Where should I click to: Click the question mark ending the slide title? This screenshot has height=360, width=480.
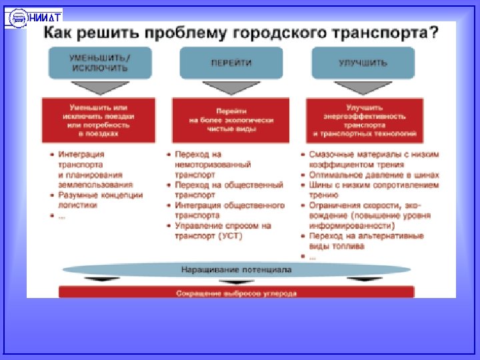point(434,33)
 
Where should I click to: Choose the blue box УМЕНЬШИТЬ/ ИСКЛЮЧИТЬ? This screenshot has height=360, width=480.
point(100,63)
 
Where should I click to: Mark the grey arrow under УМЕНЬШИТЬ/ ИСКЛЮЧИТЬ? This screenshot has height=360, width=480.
point(100,87)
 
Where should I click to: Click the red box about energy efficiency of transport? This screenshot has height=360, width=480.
point(364,120)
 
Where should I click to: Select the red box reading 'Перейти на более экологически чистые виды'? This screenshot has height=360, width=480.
point(231,120)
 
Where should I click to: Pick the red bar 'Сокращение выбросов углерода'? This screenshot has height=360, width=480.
point(236,293)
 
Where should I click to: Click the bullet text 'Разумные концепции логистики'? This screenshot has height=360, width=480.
point(100,200)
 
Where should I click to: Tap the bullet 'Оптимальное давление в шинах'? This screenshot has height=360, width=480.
point(371,175)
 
